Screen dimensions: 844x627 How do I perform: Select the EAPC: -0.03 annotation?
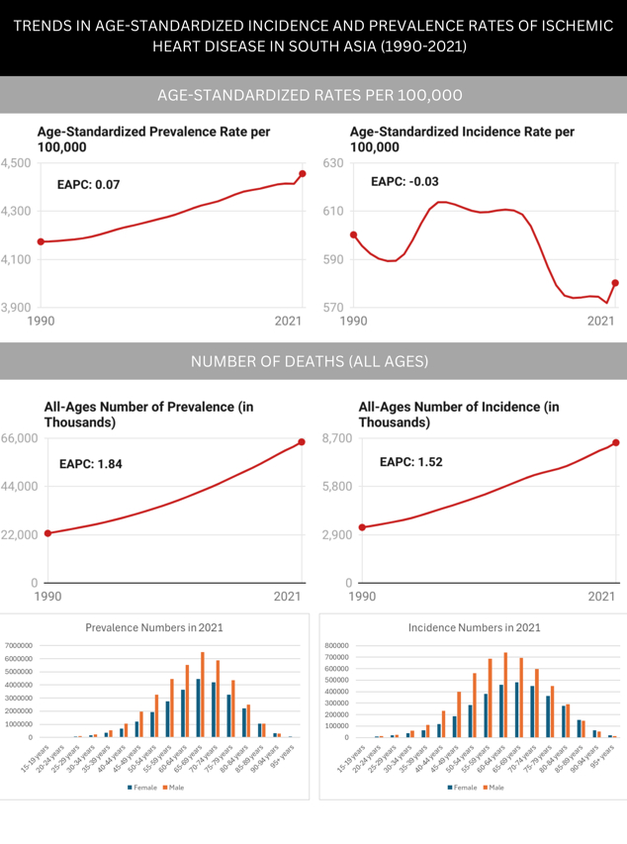tap(404, 182)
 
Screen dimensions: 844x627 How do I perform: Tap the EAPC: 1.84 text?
tap(91, 463)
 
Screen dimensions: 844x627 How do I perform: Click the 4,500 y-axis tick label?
tap(16, 163)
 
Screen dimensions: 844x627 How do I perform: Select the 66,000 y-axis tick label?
tap(19, 438)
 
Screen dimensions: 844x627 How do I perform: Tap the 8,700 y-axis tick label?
tap(329, 438)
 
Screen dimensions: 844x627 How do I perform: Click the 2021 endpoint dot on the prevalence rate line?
tap(302, 174)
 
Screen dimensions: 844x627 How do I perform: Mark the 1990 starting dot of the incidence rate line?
tap(353, 234)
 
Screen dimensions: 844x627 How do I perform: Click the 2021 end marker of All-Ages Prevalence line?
tap(302, 441)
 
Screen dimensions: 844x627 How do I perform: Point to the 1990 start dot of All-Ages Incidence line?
tap(362, 527)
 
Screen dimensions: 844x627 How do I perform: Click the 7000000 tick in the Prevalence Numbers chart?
tap(19, 645)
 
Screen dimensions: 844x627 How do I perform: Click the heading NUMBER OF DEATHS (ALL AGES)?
tap(313, 362)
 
